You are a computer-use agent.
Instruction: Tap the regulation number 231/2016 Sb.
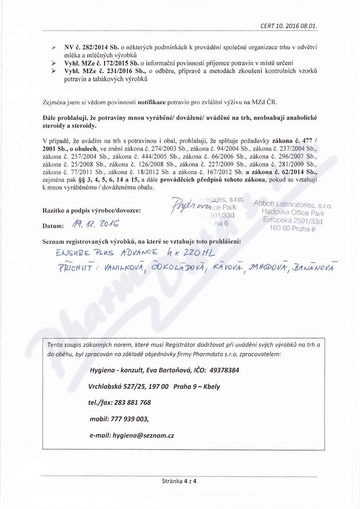click(x=120, y=71)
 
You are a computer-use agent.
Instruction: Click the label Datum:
click(x=52, y=226)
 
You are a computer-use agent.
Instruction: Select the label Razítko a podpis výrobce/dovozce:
click(x=91, y=210)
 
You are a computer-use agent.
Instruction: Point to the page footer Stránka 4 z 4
click(x=180, y=481)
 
